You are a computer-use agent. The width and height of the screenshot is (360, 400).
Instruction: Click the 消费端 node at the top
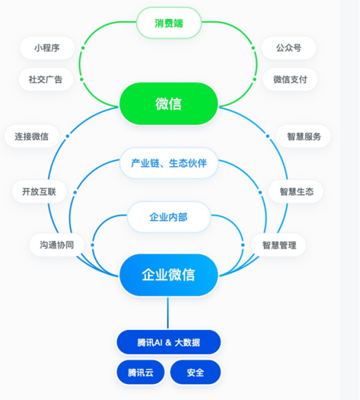(168, 23)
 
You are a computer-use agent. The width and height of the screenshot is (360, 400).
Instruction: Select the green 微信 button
(168, 104)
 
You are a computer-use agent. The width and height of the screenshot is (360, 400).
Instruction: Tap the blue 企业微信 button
(168, 275)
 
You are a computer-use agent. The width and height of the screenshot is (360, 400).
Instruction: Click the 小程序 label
(47, 48)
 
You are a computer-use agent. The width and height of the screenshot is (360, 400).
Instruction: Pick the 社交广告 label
(45, 79)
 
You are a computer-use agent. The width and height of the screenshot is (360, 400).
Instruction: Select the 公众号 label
(289, 48)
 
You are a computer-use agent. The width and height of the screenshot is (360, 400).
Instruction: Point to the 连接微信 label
(31, 136)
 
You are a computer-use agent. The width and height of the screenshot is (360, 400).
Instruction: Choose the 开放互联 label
(39, 192)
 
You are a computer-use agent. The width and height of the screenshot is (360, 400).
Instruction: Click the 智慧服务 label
(303, 136)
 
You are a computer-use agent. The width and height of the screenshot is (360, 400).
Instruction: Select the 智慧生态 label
(296, 192)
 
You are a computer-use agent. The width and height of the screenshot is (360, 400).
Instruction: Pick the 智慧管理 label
(279, 245)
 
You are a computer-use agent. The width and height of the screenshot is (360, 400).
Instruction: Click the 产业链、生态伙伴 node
(168, 162)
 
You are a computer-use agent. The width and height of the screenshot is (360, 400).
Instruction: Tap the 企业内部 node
(168, 217)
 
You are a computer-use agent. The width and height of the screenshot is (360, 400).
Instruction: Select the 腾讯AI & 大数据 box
(168, 342)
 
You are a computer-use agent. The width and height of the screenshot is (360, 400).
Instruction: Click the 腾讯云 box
(140, 373)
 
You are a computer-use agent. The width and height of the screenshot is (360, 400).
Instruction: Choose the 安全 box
(195, 373)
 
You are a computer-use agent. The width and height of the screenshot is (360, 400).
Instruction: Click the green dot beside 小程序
(83, 47)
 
